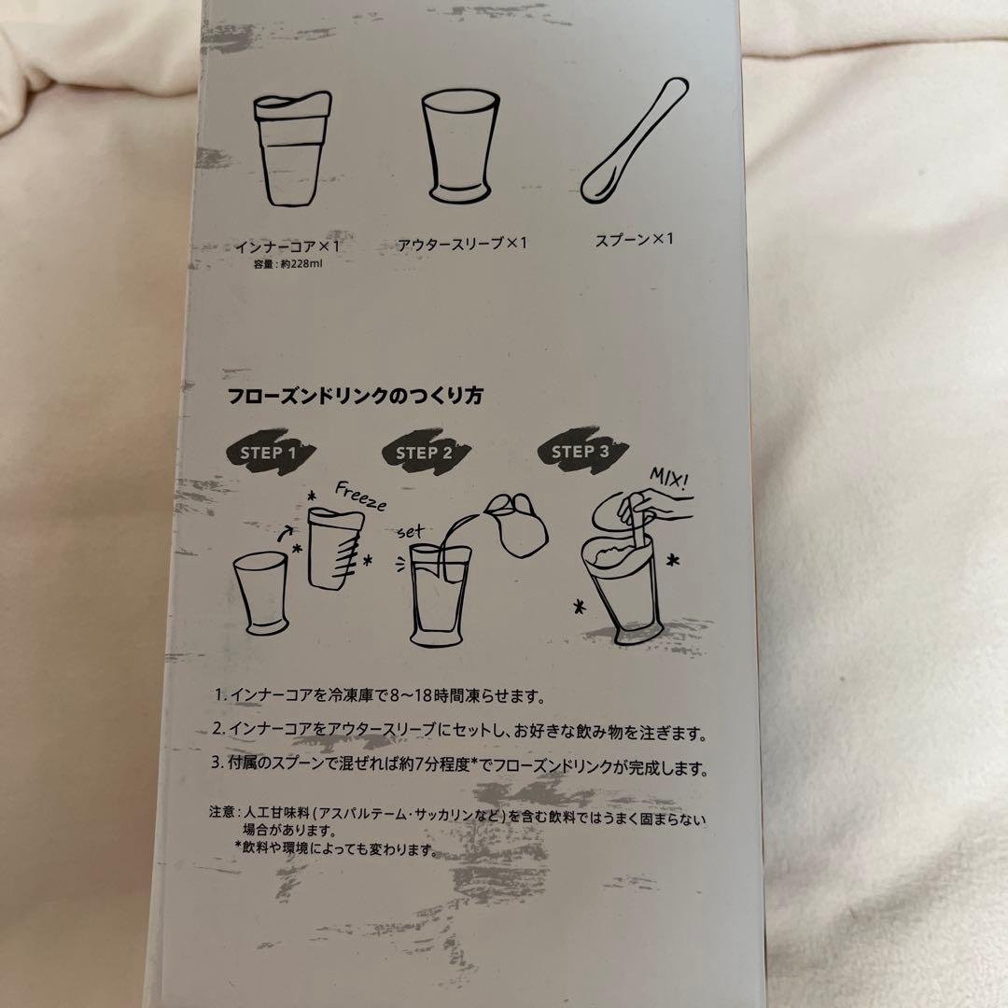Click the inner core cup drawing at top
point(292,149)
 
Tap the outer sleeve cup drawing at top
point(460,147)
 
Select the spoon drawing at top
point(633,141)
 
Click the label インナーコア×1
point(287,246)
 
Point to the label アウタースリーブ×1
point(462,245)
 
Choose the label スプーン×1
point(634,241)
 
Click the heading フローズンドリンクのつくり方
point(355,396)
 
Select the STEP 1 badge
point(270,452)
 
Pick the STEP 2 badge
point(425,452)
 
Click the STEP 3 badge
point(581,451)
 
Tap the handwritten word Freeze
point(360,496)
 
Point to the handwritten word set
point(411,532)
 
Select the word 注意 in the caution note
point(222,812)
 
